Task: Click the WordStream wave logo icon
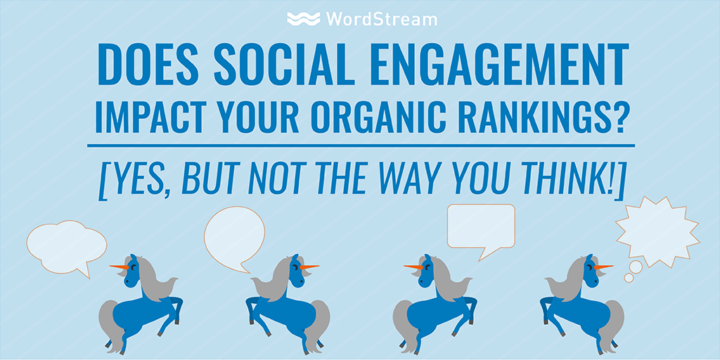[x=304, y=19]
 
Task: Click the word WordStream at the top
[x=382, y=19]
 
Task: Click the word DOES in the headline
[x=147, y=64]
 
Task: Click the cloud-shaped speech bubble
[x=66, y=247]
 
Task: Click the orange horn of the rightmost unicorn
[x=603, y=266]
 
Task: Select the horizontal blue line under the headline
[x=361, y=146]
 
